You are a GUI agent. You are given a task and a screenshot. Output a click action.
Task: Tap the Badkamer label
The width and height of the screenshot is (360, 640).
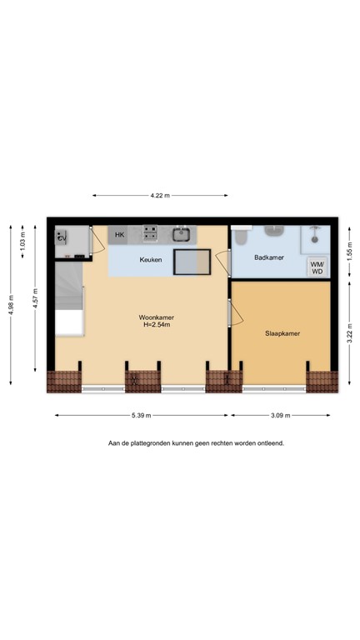click(x=269, y=257)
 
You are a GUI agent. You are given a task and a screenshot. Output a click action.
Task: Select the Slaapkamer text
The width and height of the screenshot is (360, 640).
click(x=282, y=333)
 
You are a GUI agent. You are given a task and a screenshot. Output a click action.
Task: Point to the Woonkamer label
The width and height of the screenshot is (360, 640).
click(x=156, y=317)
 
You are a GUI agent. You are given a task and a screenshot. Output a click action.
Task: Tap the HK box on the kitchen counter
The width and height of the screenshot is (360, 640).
click(x=119, y=235)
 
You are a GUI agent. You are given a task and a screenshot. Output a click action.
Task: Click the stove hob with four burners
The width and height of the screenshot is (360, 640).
click(x=151, y=233)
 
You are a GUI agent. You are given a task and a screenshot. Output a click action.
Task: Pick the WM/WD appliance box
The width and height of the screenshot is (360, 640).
click(x=317, y=267)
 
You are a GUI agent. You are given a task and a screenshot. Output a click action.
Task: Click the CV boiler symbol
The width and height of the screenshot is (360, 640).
click(x=62, y=237)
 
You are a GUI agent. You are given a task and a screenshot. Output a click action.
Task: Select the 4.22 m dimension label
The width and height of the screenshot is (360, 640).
click(x=160, y=196)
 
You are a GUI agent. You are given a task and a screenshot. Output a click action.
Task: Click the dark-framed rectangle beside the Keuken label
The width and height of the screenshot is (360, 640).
click(x=191, y=262)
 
